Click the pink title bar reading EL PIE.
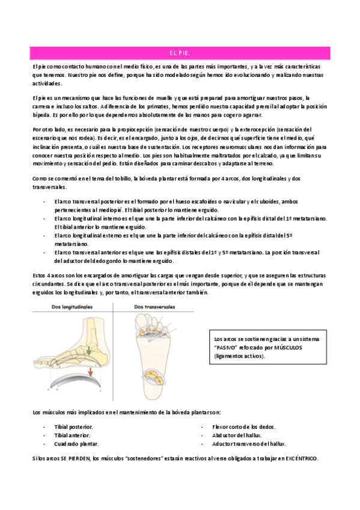click(180, 54)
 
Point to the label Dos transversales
click(155, 307)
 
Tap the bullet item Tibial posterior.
click(73, 426)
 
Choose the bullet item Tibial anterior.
click(72, 434)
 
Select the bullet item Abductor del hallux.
click(236, 434)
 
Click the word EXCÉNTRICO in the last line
click(301, 459)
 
